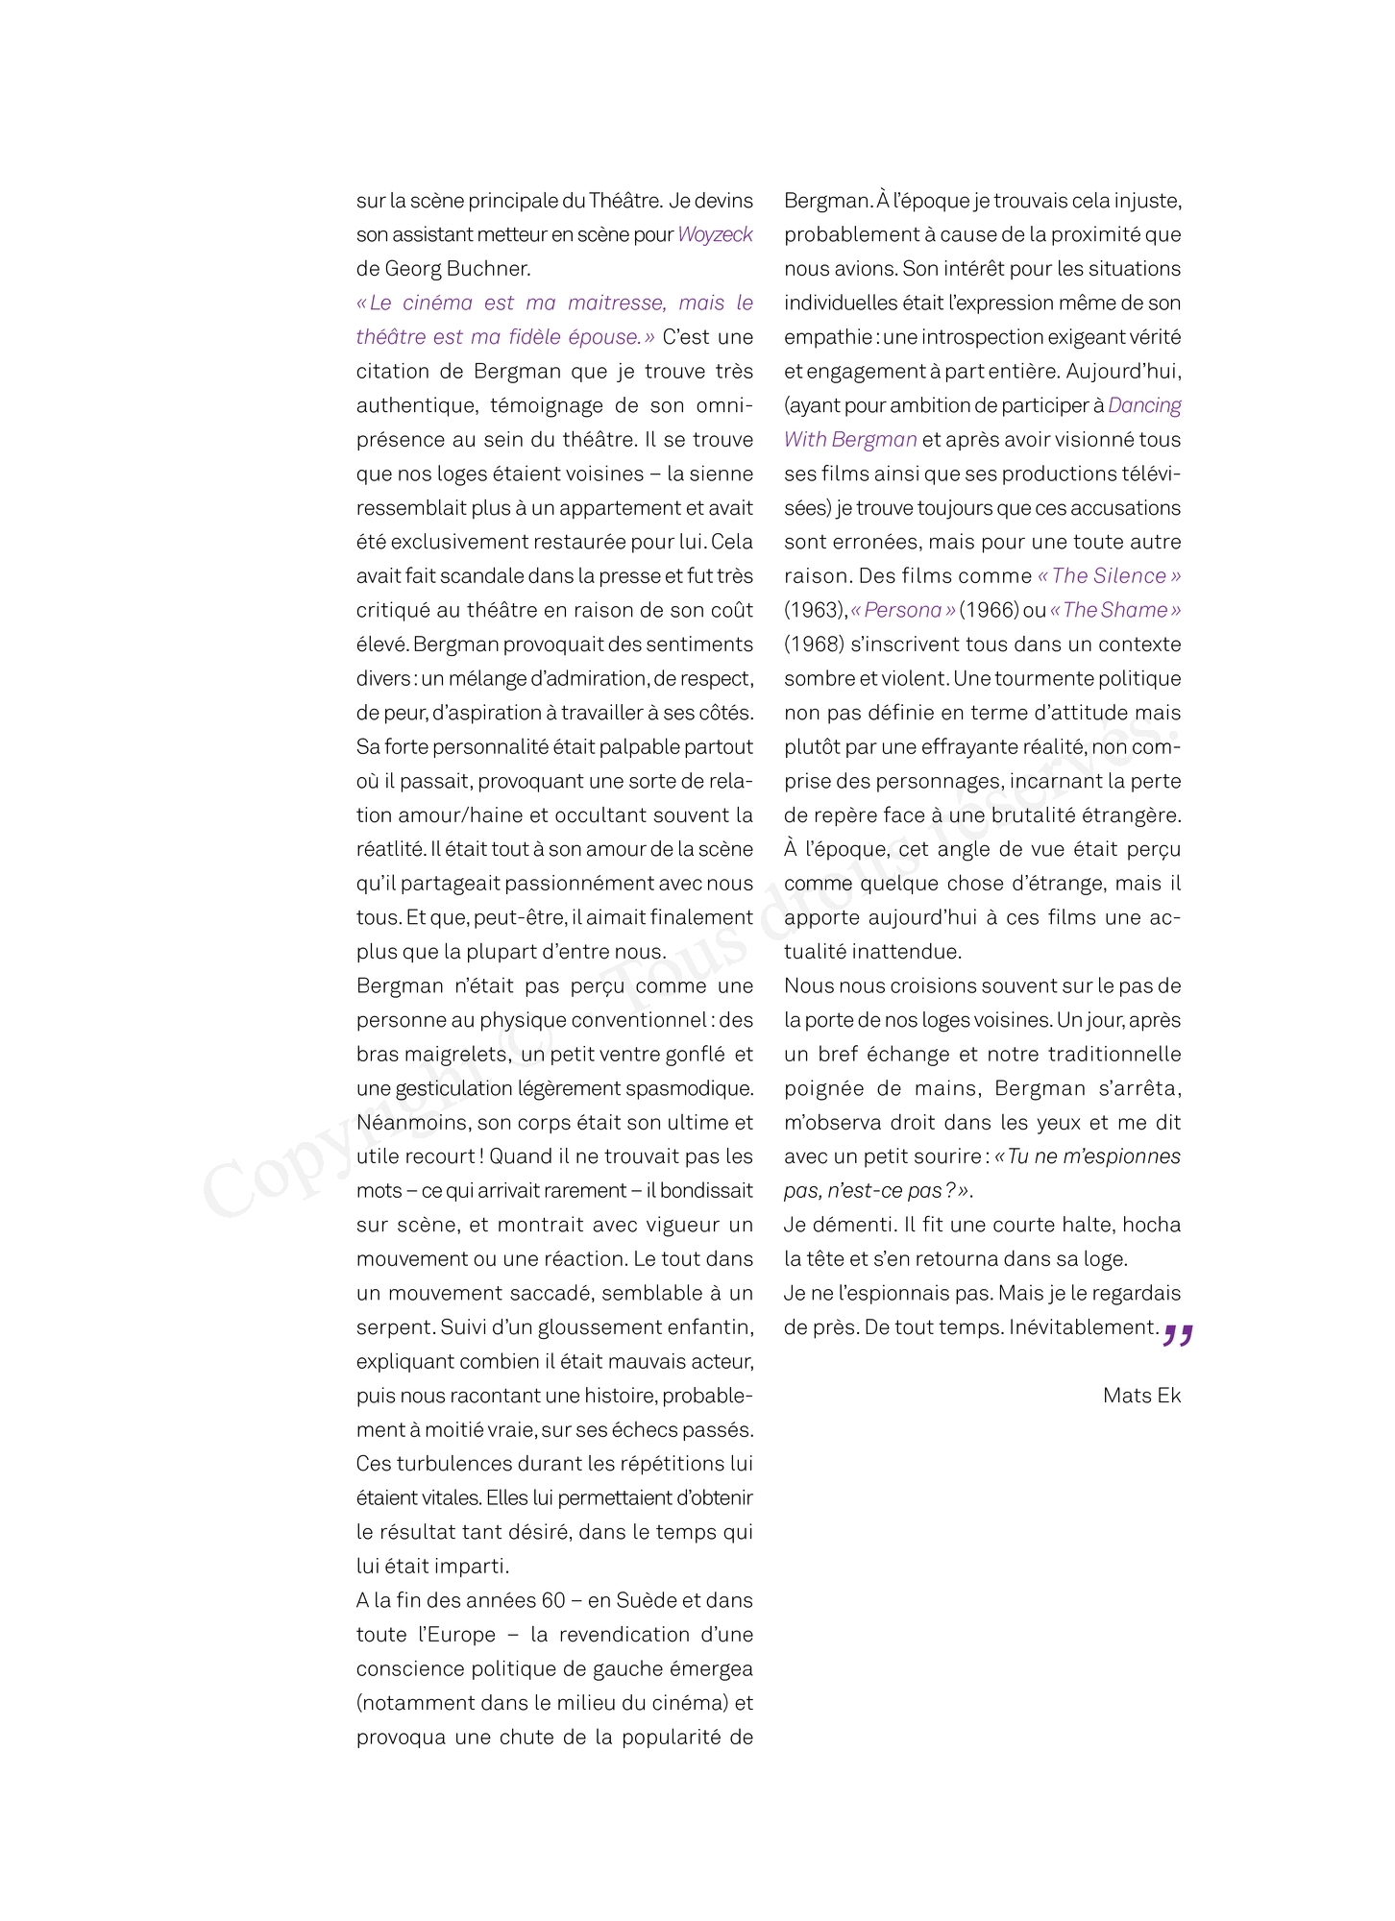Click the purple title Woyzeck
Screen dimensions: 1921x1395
(715, 234)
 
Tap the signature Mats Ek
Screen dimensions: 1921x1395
(1141, 1396)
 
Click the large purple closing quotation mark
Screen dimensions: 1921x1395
(1178, 1335)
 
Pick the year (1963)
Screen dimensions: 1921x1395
(815, 610)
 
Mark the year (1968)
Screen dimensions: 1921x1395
(815, 644)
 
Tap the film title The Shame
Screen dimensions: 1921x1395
(1115, 610)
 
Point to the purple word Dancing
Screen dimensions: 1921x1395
(1144, 405)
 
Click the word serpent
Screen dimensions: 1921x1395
(395, 1327)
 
